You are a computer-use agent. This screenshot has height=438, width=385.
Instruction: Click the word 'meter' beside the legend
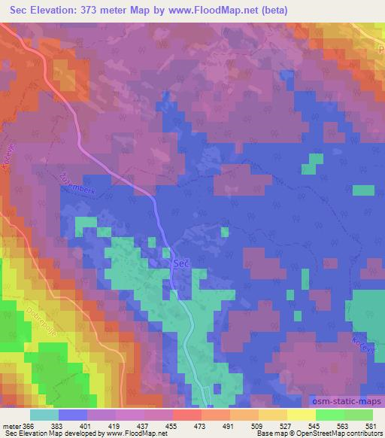tap(11, 427)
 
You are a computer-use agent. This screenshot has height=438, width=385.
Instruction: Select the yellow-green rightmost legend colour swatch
tap(358, 415)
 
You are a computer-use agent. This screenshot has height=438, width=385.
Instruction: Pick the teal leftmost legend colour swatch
tap(44, 415)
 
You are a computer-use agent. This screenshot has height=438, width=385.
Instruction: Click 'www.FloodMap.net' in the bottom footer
tap(135, 434)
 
